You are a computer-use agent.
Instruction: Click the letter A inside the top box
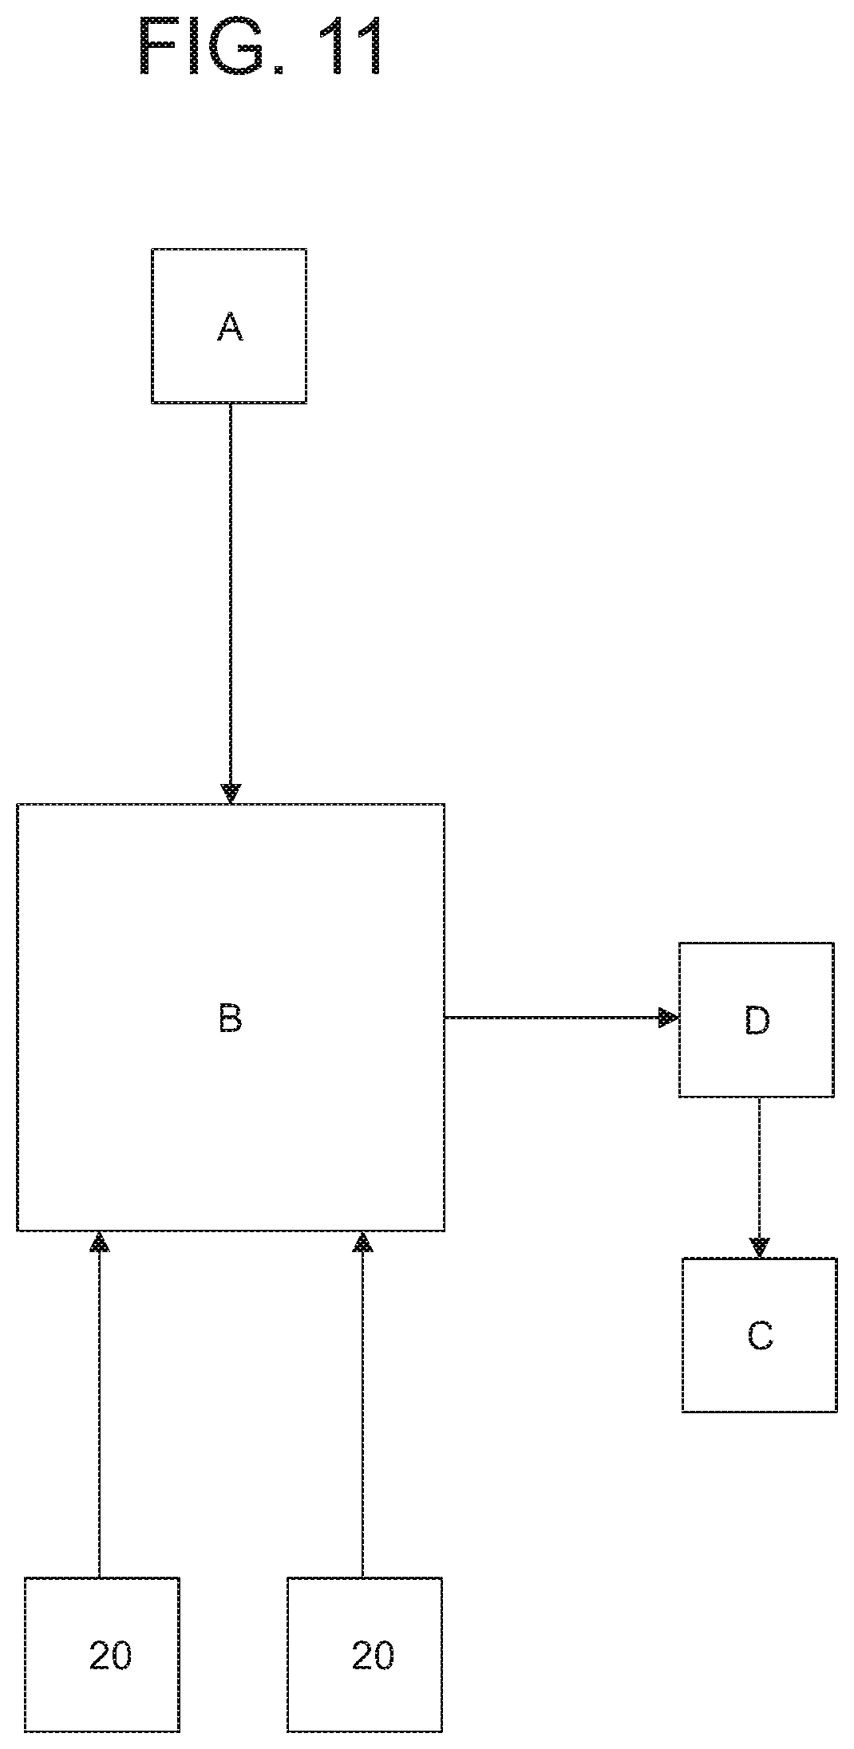[x=230, y=327]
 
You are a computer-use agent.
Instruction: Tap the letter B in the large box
[x=230, y=1019]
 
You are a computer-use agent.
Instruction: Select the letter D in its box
[x=757, y=1020]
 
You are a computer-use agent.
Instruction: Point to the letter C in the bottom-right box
[x=760, y=1336]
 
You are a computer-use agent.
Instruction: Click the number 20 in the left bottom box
[x=110, y=1656]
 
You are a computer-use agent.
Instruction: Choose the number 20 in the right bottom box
[x=373, y=1656]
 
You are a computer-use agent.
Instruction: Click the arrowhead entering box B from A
[x=231, y=794]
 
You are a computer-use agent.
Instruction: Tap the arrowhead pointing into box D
[x=669, y=1018]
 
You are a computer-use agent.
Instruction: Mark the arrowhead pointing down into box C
[x=760, y=1248]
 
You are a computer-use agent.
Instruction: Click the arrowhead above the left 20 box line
[x=99, y=1240]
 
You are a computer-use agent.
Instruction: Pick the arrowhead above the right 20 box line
[x=363, y=1240]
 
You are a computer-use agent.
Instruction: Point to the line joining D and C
[x=760, y=1177]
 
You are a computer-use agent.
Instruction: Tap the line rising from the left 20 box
[x=99, y=1404]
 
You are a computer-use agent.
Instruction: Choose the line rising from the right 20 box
[x=363, y=1404]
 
